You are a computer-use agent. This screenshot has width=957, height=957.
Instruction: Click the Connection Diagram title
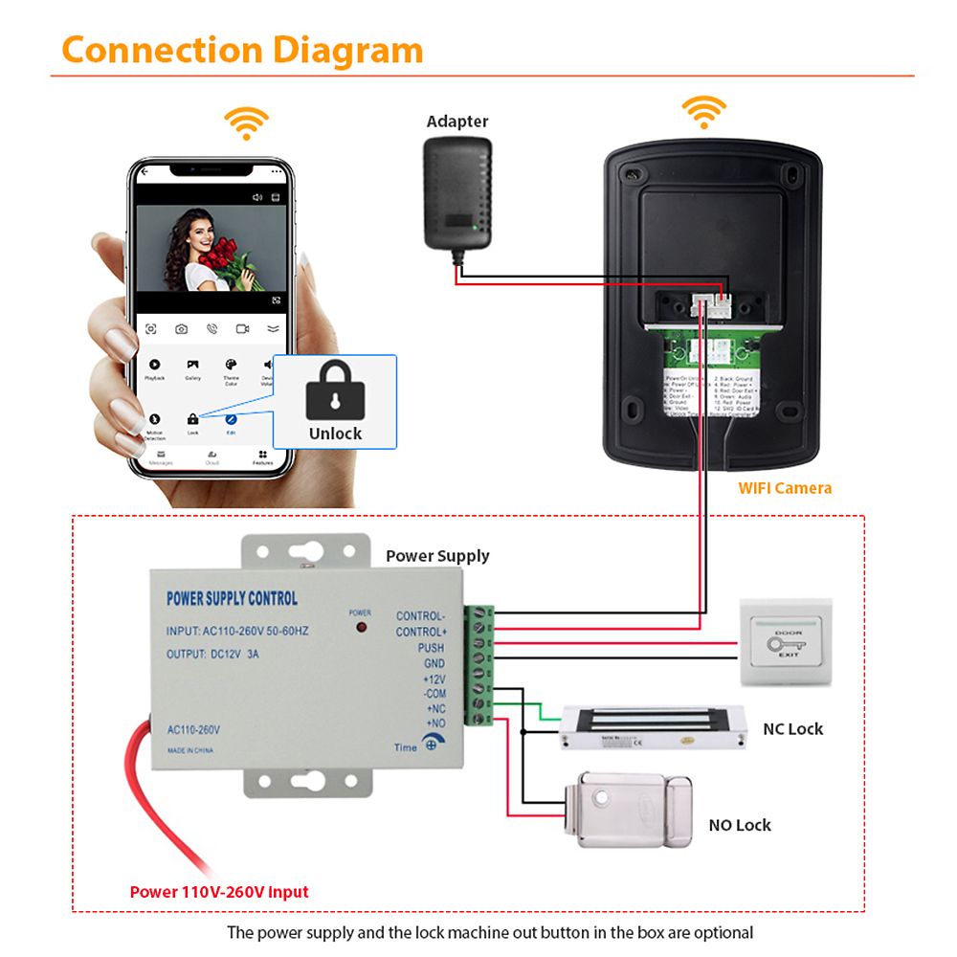[242, 50]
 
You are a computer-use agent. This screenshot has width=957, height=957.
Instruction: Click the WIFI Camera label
[785, 488]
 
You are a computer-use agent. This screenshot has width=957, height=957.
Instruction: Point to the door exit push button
[786, 642]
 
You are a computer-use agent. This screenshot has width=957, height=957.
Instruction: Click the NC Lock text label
[792, 729]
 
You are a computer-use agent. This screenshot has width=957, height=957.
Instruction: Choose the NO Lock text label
[740, 825]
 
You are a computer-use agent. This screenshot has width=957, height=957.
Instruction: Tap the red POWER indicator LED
[361, 628]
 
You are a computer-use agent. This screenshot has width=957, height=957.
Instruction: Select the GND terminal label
[434, 663]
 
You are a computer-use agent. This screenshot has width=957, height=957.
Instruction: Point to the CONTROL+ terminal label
[421, 633]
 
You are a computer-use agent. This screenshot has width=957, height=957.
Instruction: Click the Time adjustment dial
[432, 745]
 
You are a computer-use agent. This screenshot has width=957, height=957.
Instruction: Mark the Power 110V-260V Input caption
[219, 892]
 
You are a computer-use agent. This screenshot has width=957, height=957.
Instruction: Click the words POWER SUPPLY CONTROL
[232, 599]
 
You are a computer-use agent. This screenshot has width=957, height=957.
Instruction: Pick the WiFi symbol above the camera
[703, 111]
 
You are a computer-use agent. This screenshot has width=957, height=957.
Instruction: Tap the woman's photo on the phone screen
[211, 250]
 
